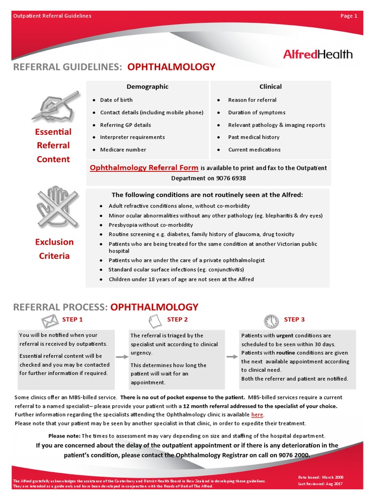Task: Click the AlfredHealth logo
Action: point(317,54)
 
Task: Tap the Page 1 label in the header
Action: point(349,16)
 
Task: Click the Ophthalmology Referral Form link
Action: point(144,168)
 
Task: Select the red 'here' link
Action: point(257,415)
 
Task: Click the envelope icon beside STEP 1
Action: point(49,320)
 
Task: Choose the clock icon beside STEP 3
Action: point(271,321)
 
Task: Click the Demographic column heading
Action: point(147,87)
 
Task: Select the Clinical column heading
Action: point(271,87)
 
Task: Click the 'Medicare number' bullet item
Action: point(123,150)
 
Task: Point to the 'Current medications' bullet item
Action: point(254,150)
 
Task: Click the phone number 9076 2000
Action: point(294,455)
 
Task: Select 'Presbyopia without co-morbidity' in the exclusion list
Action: point(150,225)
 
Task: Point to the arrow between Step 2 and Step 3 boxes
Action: point(231,357)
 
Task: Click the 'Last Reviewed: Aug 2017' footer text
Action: point(321,484)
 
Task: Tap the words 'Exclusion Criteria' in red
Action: point(55,249)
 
